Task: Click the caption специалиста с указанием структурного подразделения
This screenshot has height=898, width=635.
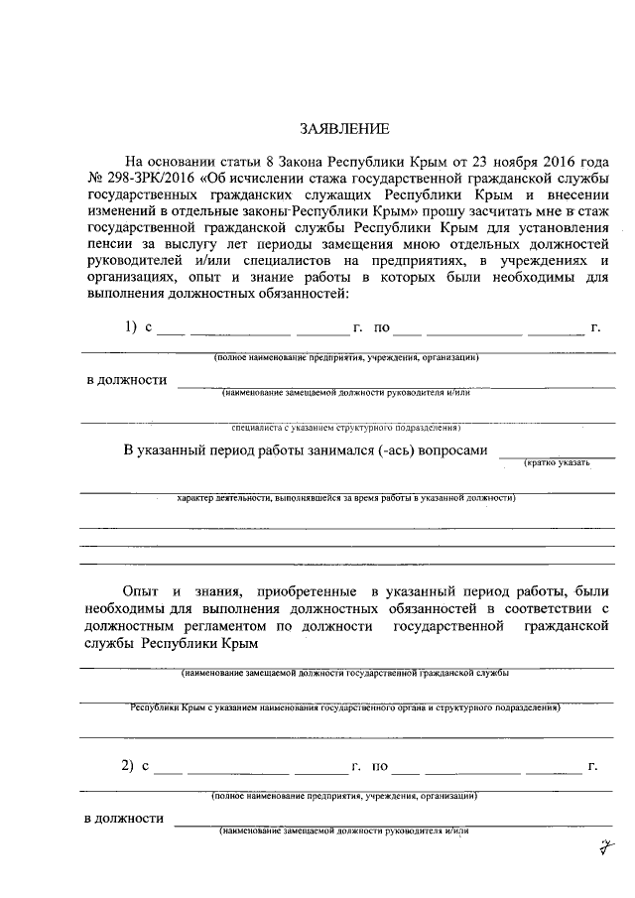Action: tap(345, 430)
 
